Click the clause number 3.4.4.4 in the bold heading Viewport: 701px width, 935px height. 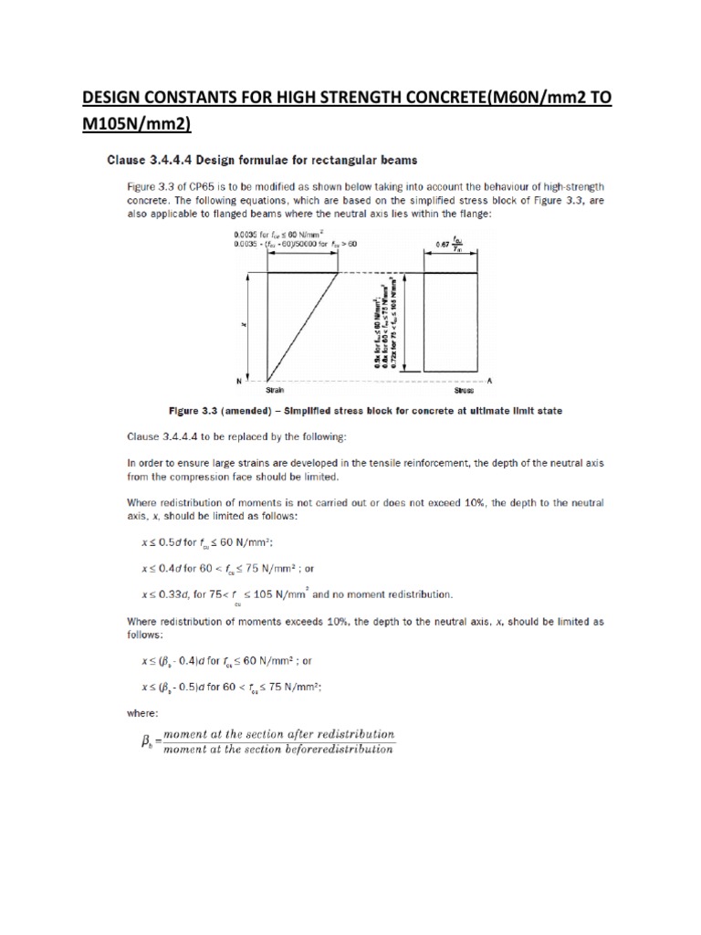click(173, 161)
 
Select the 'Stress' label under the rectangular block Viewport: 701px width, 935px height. click(452, 388)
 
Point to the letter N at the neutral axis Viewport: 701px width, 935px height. click(238, 380)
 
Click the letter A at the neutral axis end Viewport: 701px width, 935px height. click(490, 379)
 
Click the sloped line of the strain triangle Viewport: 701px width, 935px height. click(301, 325)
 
